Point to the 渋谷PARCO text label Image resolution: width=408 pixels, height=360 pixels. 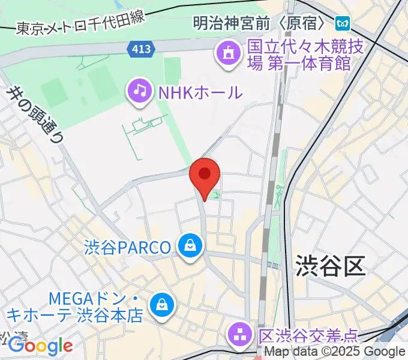coord(127,247)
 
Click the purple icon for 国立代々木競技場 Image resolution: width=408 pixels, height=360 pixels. coord(229,55)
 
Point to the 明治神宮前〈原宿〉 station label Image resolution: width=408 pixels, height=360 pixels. coord(262,24)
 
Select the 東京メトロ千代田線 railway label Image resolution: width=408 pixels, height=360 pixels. coord(80,26)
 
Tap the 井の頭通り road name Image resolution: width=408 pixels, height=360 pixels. coord(35,115)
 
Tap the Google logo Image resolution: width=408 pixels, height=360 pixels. coord(40,346)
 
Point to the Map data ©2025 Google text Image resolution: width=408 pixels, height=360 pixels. coord(335,352)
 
